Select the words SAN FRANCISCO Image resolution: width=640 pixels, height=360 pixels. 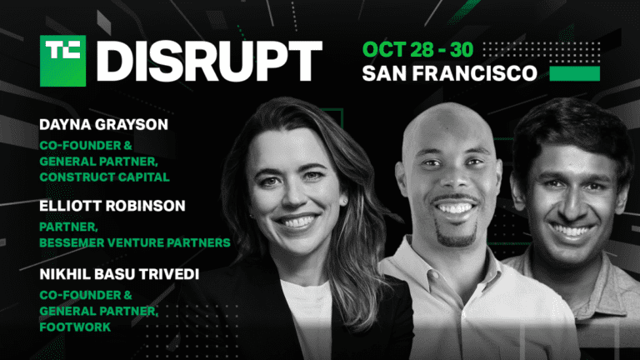pyautogui.click(x=449, y=73)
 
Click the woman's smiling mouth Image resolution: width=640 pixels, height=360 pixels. pyautogui.click(x=298, y=222)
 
